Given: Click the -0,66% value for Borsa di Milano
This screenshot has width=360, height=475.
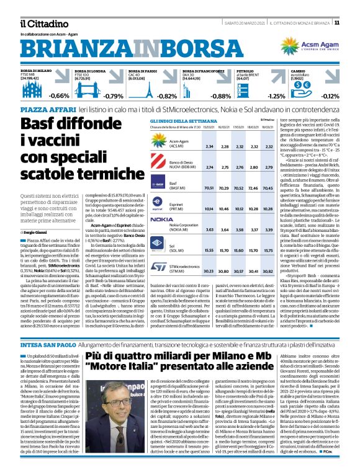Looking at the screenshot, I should tap(59, 96).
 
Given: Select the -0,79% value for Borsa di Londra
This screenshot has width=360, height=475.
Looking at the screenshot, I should tap(113, 96).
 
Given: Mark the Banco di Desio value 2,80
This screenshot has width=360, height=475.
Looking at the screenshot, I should tap(268, 167).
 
